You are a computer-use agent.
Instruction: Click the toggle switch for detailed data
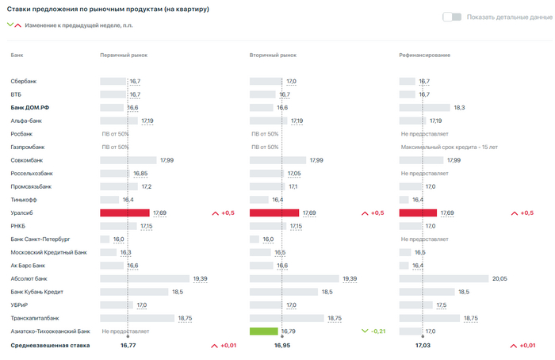(452, 17)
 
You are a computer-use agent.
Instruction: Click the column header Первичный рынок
(123, 55)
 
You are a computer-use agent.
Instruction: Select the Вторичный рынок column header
(273, 55)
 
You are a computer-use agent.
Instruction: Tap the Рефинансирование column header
(424, 55)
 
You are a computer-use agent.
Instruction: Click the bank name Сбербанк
(24, 81)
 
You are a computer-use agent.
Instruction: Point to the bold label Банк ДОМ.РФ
(30, 107)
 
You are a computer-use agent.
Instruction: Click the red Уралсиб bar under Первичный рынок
(124, 213)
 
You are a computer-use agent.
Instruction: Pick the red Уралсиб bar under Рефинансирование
(418, 213)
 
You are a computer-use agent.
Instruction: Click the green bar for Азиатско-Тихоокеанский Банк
(263, 331)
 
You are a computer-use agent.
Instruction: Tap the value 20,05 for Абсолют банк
(499, 278)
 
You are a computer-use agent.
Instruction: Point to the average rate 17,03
(423, 346)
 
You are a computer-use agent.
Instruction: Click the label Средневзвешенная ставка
(50, 346)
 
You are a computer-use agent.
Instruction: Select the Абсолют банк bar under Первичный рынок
(145, 278)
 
